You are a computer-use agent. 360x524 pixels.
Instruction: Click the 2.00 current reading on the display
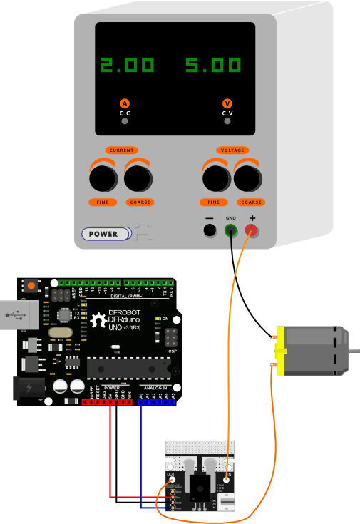[x=127, y=66]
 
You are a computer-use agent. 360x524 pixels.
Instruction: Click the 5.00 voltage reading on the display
[x=213, y=66]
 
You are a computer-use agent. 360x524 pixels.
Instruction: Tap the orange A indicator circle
[x=125, y=103]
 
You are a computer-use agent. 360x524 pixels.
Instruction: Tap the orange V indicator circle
[x=227, y=103]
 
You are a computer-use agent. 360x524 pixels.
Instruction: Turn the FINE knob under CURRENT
[x=103, y=177]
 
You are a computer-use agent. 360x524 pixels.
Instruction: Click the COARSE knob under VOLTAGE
[x=248, y=177]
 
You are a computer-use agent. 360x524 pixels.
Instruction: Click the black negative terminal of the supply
[x=210, y=230]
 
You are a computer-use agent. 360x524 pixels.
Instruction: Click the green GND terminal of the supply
[x=231, y=230]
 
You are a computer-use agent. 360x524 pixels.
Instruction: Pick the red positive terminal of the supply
[x=252, y=230]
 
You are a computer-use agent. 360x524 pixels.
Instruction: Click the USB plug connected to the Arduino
[x=17, y=315]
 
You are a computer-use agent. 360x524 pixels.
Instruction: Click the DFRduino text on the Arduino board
[x=129, y=319]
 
